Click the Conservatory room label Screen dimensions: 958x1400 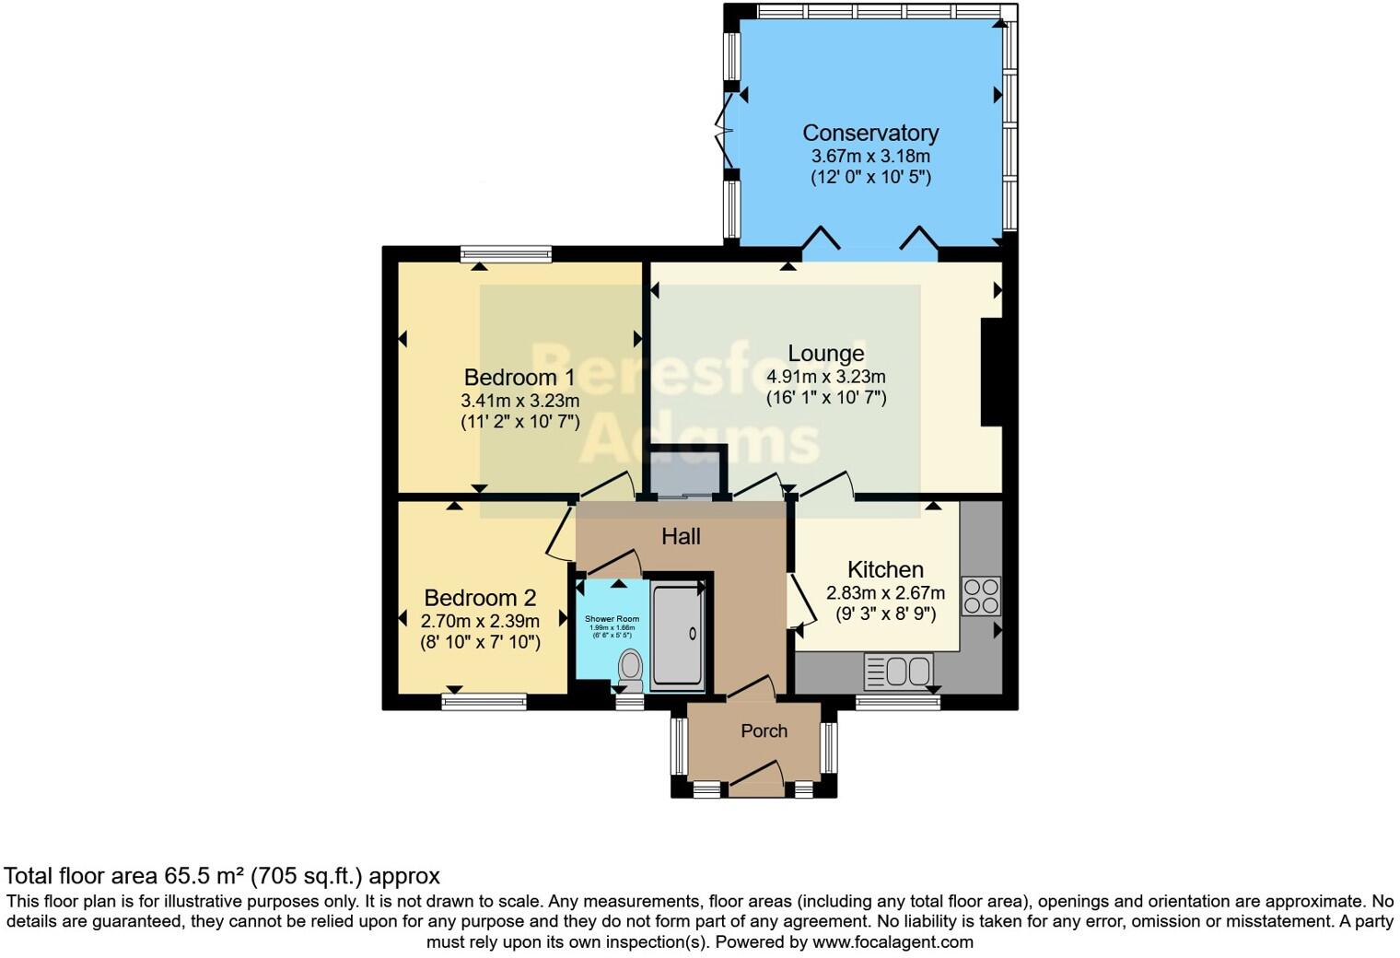point(870,133)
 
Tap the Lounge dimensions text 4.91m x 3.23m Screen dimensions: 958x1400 point(825,377)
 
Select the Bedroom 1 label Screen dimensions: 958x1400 point(519,377)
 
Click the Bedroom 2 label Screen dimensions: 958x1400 point(480,597)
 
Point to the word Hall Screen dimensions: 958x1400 point(681,536)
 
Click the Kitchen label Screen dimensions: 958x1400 point(885,569)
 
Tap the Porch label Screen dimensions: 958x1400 point(764,730)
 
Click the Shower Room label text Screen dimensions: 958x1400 point(612,619)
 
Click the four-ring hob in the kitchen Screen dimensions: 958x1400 point(981,595)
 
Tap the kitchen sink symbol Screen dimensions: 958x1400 point(899,672)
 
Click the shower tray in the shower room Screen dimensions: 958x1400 point(678,635)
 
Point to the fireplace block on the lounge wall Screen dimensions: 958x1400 point(991,372)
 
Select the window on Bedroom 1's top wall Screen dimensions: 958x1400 point(506,253)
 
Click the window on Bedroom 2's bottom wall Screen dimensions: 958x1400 point(484,702)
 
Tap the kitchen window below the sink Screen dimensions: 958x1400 point(898,702)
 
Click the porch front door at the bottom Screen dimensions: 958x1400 point(755,779)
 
